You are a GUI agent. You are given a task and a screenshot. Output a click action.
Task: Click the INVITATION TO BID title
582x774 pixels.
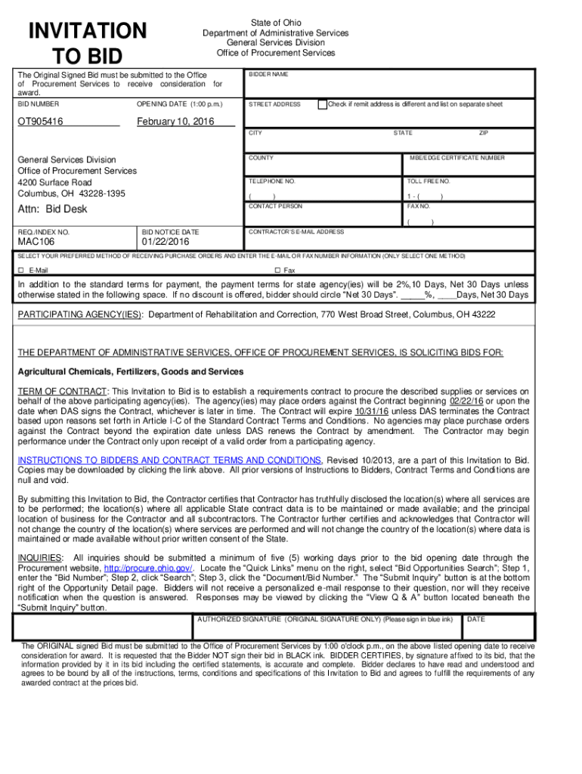coord(87,43)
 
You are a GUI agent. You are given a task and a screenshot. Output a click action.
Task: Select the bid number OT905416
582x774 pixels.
coord(41,122)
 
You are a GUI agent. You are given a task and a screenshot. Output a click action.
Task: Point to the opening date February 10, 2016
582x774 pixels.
coord(175,122)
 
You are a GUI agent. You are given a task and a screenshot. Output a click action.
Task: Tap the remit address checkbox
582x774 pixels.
coord(323,104)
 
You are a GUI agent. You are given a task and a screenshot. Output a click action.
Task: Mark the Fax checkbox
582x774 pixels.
coord(277,270)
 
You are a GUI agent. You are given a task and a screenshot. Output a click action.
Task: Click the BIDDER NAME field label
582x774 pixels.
coord(268,75)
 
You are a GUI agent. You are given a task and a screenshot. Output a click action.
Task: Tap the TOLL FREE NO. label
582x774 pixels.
coord(429,182)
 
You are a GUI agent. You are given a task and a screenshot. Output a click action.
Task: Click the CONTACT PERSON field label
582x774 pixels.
coord(275,206)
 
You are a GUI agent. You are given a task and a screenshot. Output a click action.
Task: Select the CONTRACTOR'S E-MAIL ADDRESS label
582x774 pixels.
coord(296,231)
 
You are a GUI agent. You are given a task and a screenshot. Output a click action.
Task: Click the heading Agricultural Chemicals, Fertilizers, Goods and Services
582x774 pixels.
coord(131,372)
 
